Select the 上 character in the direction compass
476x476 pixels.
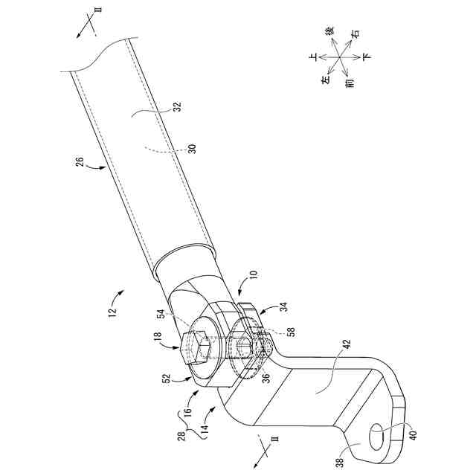coord(313,56)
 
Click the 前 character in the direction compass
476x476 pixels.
coord(350,84)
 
